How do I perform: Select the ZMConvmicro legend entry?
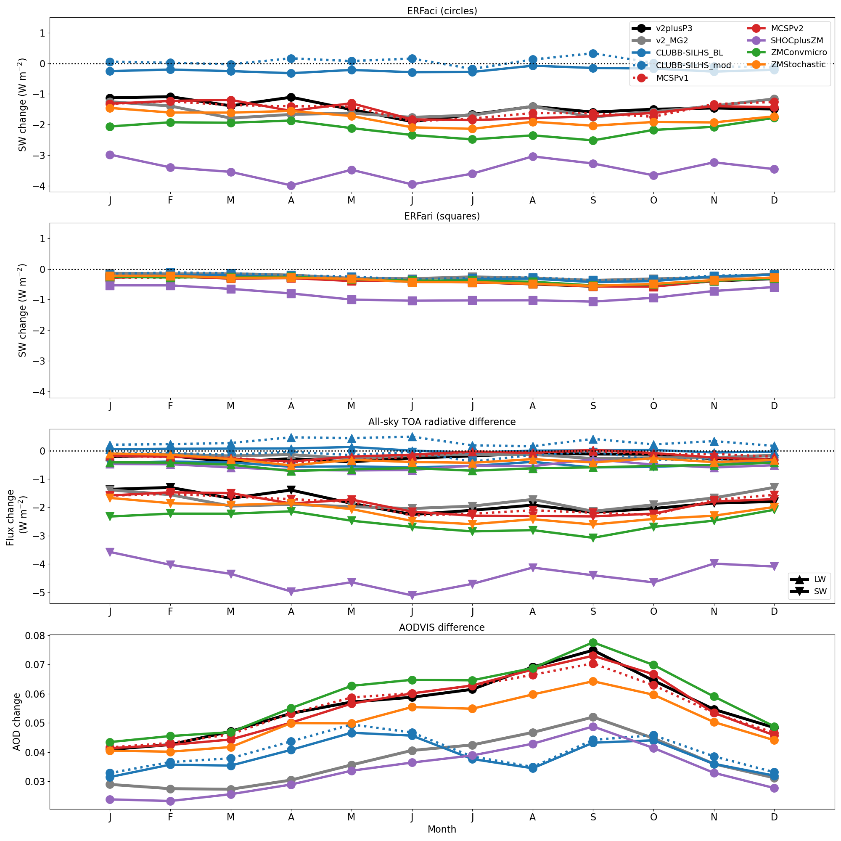[x=798, y=53]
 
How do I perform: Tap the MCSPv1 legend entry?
[x=672, y=78]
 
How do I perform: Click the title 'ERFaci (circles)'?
[x=442, y=11]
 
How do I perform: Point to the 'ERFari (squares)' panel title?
[x=442, y=216]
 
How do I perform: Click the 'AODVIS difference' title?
[x=442, y=627]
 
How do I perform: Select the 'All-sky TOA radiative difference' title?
[x=442, y=422]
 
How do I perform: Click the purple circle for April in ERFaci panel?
[x=291, y=186]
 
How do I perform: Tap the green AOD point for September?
[x=593, y=643]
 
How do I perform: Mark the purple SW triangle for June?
[x=412, y=595]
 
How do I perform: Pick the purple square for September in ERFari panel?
[x=593, y=301]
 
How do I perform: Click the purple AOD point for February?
[x=170, y=801]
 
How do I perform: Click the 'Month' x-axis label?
[x=442, y=829]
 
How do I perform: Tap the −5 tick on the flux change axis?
[x=39, y=593]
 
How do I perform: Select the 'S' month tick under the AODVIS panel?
[x=593, y=817]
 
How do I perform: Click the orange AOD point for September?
[x=593, y=681]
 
